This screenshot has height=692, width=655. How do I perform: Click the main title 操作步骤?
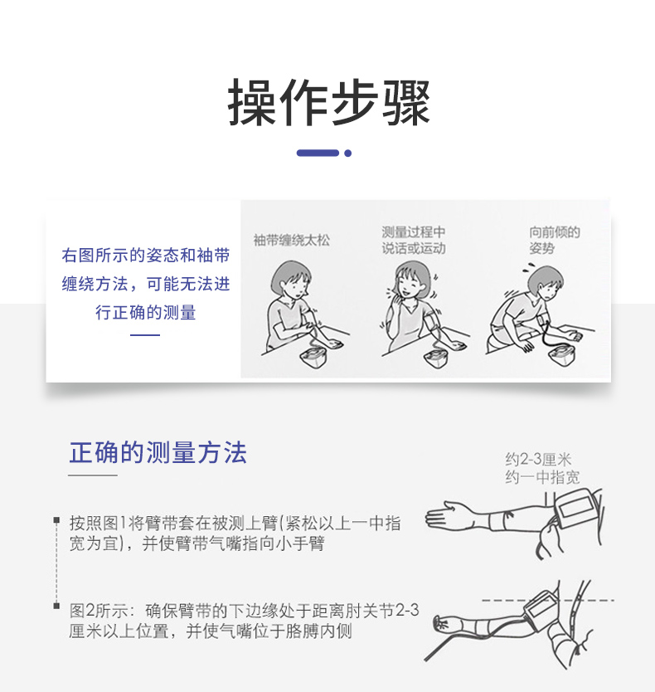[328, 102]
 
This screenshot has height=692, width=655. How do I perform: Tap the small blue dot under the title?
[348, 154]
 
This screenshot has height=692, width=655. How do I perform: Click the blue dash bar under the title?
[318, 154]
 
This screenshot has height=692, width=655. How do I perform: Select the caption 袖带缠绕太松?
[292, 240]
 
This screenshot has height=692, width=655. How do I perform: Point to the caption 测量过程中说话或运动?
[414, 240]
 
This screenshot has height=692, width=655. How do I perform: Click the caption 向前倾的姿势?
[555, 240]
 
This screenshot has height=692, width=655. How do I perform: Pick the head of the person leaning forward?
[546, 283]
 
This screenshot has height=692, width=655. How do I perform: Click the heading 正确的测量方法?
[158, 453]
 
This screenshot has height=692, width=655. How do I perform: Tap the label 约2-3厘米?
[538, 460]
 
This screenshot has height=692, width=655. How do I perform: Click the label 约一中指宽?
[542, 477]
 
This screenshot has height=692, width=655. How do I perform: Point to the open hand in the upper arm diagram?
[449, 515]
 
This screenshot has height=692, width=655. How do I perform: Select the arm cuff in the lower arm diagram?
[541, 606]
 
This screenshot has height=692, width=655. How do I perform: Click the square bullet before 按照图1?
[56, 520]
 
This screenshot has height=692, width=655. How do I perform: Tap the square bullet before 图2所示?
[56, 606]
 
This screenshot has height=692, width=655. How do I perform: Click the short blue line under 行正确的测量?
[145, 335]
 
